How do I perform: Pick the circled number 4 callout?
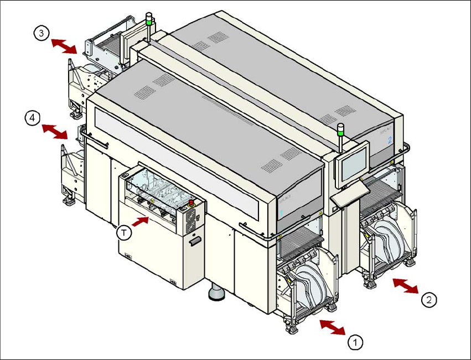tap(33, 117)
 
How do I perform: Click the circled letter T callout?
tap(126, 233)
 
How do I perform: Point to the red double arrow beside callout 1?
tap(332, 326)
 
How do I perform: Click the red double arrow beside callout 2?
tap(405, 286)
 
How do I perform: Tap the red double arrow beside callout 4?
tap(55, 132)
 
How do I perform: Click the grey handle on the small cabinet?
tap(194, 242)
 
